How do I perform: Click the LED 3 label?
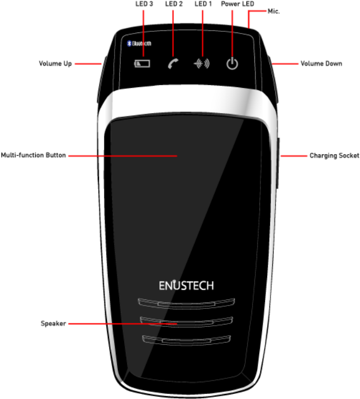[144, 3]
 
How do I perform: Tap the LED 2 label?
[174, 3]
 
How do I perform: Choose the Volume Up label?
[55, 64]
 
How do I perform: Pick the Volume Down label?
[321, 64]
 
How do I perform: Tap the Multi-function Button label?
[34, 156]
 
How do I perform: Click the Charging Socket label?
[334, 156]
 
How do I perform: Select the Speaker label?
[53, 323]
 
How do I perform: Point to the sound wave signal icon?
[201, 64]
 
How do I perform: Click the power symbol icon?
[232, 64]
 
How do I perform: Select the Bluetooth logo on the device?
[140, 43]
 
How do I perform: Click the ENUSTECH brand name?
[185, 285]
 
